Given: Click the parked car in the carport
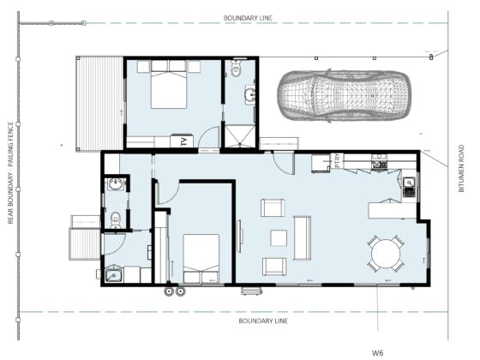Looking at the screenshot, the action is tap(345, 95).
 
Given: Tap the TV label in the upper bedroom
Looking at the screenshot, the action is tap(183, 141).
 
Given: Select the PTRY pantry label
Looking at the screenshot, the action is tap(338, 160).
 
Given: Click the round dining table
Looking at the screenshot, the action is tap(386, 254).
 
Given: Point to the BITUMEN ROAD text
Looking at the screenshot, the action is tap(461, 168).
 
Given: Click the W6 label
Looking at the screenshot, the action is tap(377, 352).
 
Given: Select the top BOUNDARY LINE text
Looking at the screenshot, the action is tap(248, 18).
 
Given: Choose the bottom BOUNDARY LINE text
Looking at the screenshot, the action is tap(263, 321).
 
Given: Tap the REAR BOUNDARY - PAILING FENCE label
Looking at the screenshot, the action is tap(10, 173).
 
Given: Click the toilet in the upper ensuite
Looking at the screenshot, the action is tap(236, 69).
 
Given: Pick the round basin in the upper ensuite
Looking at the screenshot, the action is tap(250, 94).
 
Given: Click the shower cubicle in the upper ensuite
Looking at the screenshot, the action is tap(240, 135).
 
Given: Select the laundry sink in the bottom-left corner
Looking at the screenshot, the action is tap(114, 275).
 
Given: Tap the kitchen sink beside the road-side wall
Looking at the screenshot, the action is tap(410, 187).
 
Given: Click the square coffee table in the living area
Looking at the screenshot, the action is tap(279, 238).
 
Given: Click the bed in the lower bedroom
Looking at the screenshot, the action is tap(201, 259).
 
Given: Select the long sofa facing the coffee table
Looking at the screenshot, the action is tap(302, 238).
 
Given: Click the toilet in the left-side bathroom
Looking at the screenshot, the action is tap(116, 220).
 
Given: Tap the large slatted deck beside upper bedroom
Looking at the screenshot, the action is tap(99, 104).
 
